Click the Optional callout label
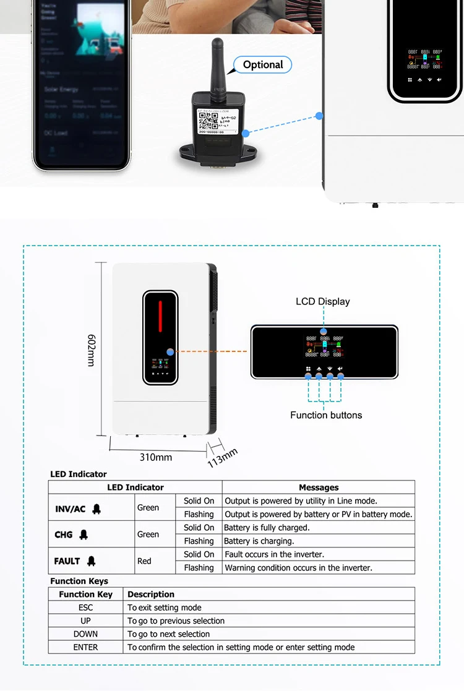262,65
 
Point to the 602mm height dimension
91,350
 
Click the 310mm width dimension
155,457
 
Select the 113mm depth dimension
222,457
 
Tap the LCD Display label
322,301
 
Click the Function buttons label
326,415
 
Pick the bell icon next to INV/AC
97,509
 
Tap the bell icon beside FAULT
92,561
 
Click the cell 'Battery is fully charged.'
267,528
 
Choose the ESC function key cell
85,607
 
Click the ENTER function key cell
85,647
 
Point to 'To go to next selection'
169,634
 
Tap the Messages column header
319,487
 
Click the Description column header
151,594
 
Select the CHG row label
63,534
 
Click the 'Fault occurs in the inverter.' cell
274,554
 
